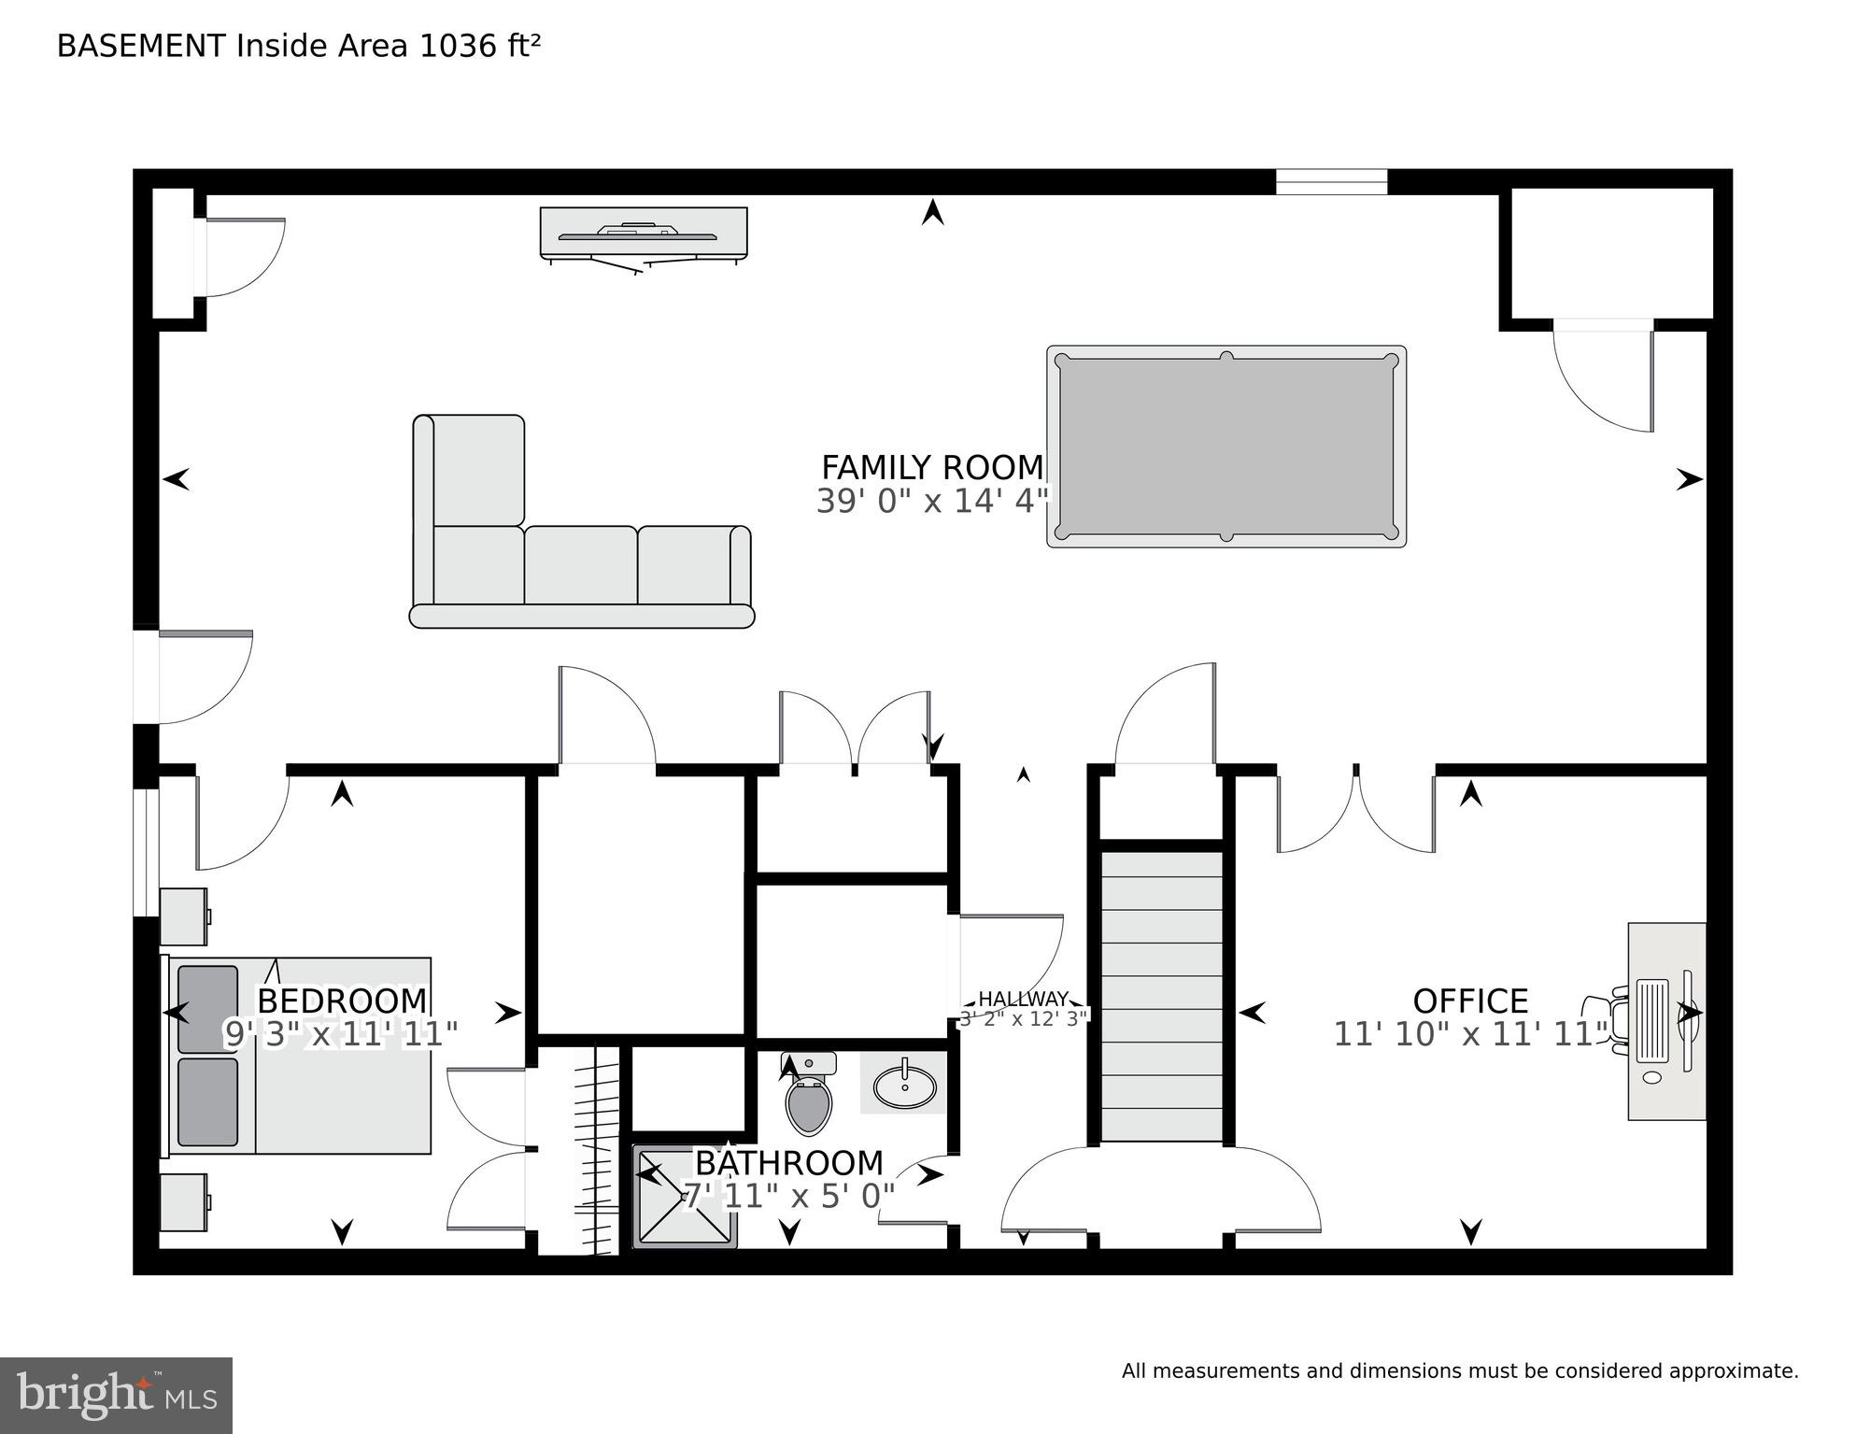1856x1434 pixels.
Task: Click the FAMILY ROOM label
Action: click(931, 467)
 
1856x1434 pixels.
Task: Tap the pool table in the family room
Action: click(1226, 447)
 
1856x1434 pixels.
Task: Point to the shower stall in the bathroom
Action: click(684, 1197)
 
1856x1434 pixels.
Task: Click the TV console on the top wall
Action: click(644, 232)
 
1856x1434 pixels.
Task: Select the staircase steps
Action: click(1161, 994)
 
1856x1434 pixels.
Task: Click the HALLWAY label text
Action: click(1023, 1000)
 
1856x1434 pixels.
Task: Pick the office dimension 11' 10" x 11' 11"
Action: click(1470, 1034)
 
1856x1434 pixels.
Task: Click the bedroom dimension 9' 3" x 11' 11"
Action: click(341, 1034)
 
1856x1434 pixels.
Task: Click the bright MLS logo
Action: click(116, 1395)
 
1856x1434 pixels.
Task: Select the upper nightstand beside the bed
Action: click(183, 916)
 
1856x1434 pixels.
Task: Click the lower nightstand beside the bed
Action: click(183, 1202)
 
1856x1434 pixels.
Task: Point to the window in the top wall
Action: click(1331, 182)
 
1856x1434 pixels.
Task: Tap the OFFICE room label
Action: click(1470, 1001)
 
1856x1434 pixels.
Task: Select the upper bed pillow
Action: click(207, 1009)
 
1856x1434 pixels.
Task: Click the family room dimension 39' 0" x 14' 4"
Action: click(931, 502)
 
